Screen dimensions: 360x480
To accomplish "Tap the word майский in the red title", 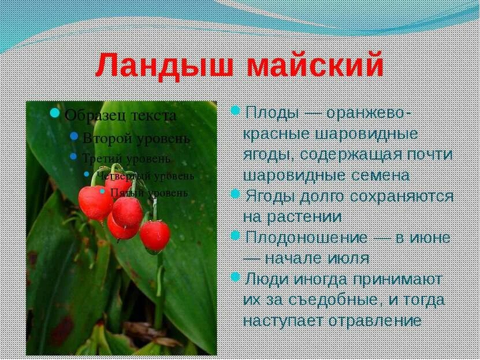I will (315, 65).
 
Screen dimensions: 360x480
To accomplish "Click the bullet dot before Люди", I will (235, 277).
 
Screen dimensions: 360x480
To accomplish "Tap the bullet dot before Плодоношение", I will (235, 235).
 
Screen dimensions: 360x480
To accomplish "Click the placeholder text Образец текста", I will (120, 115).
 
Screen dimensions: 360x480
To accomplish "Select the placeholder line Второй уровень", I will (136, 139).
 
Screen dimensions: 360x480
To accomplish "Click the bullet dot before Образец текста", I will (55, 113).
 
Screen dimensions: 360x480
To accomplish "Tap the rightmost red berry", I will (155, 235).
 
